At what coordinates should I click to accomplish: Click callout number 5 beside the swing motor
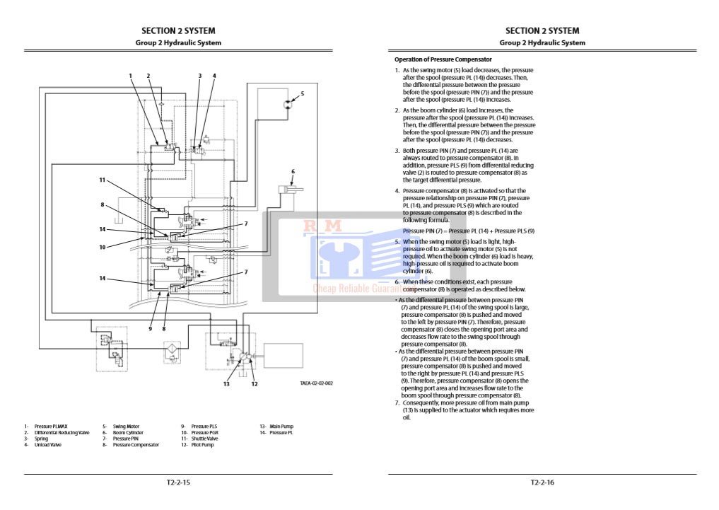coord(302,93)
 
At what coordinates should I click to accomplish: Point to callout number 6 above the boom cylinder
coord(293,171)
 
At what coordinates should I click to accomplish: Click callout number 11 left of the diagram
coord(103,180)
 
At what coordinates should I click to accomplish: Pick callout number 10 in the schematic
coord(103,247)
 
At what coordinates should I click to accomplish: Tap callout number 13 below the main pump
coord(227,384)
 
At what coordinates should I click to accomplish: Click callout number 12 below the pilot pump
coord(255,384)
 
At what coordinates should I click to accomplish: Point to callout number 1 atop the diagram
coord(131,76)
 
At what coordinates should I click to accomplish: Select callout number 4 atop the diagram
coord(214,76)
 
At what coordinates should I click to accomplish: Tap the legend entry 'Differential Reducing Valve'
coord(62,432)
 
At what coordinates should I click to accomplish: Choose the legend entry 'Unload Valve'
coord(47,445)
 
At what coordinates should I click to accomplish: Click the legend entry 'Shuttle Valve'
coord(204,439)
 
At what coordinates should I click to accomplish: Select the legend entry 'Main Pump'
coord(281,426)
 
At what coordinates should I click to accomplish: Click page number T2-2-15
coord(178,483)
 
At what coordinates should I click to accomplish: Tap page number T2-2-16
coord(542,483)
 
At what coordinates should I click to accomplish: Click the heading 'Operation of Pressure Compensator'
coord(443,59)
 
